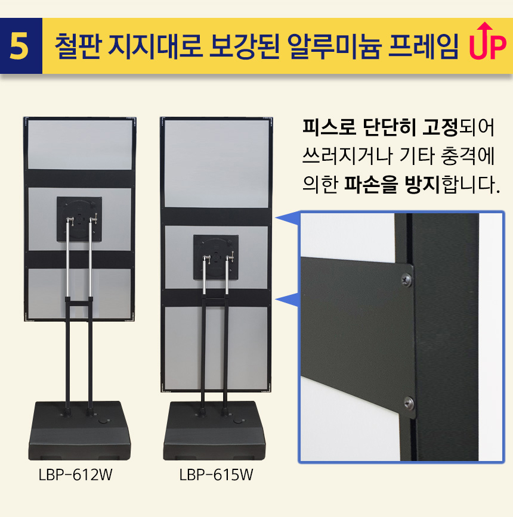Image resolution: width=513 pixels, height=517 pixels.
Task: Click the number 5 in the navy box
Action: tap(19, 46)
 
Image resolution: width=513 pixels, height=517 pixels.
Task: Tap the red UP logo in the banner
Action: tap(487, 41)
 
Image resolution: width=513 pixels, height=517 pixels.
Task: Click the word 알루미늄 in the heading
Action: tap(335, 46)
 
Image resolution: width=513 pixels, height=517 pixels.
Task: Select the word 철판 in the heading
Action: tap(77, 46)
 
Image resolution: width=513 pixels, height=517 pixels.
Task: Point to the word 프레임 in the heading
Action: tap(424, 46)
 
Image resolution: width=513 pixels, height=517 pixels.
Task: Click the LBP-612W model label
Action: tap(75, 475)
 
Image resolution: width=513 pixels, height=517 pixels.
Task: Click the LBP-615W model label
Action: tap(216, 475)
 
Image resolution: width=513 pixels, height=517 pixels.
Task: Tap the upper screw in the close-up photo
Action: tap(406, 280)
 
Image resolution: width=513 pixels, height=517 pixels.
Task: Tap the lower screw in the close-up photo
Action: tap(409, 403)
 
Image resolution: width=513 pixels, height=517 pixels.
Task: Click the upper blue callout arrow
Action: tap(287, 219)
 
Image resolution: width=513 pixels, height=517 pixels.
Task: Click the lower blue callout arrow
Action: tap(287, 300)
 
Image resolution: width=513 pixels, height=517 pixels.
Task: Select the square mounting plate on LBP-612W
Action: tap(79, 219)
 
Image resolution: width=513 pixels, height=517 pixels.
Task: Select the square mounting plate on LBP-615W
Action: tap(216, 257)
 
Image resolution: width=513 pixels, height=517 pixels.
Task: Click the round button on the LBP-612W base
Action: tap(104, 421)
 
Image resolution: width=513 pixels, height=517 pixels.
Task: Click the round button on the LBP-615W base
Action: tap(238, 421)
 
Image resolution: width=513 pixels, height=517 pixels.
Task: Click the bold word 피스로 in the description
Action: tap(329, 127)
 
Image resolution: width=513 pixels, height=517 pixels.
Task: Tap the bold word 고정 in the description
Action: tap(440, 127)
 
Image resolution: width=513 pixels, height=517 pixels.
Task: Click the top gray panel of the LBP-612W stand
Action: tap(80, 145)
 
